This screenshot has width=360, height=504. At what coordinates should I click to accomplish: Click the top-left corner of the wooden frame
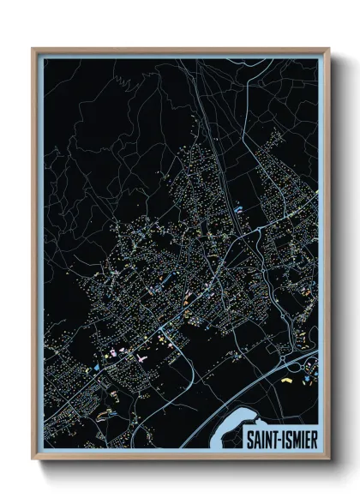point(33,50)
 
